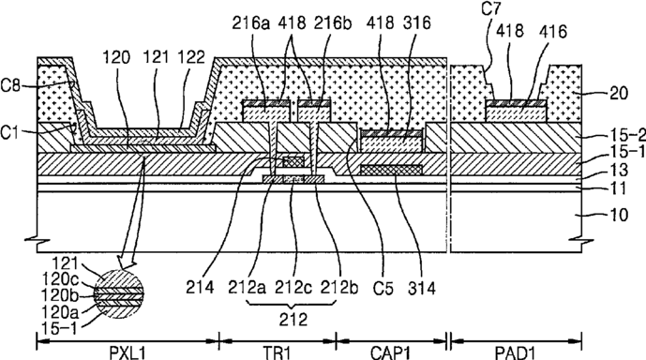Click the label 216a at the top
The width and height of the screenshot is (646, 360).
click(250, 23)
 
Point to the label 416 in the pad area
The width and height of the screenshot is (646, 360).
click(552, 31)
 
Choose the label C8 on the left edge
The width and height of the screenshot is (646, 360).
click(10, 86)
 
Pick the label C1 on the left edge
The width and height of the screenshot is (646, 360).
click(10, 132)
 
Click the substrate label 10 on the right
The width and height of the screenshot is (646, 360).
click(618, 215)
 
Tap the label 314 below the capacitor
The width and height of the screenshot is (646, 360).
click(422, 288)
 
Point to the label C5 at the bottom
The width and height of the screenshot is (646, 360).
click(383, 288)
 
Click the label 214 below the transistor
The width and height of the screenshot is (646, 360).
click(200, 287)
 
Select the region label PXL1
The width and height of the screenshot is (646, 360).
click(128, 353)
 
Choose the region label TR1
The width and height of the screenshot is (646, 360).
click(278, 353)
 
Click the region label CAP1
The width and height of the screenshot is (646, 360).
click(391, 353)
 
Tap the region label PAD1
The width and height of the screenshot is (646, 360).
click(516, 353)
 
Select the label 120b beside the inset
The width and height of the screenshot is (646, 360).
click(60, 295)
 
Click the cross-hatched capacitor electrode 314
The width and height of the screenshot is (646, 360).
click(391, 170)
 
